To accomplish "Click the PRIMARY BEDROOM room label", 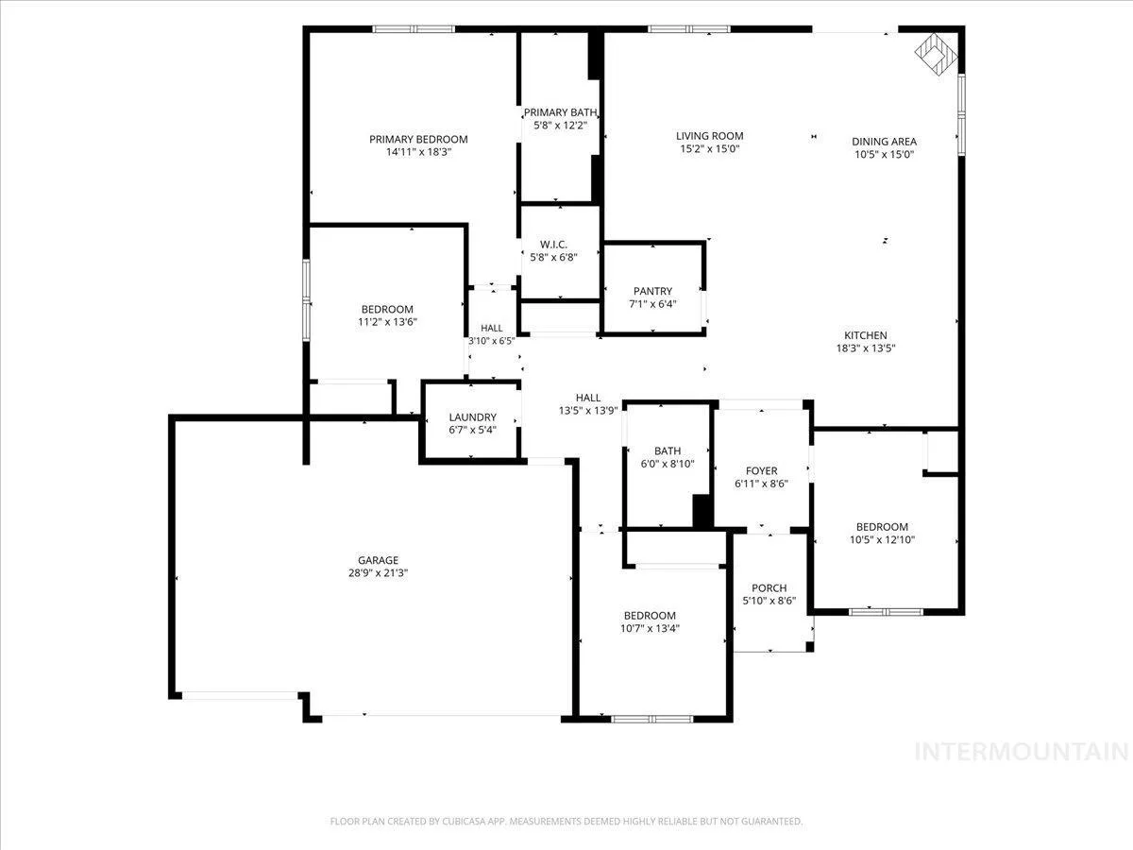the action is click(x=418, y=140).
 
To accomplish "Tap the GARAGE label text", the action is click(x=378, y=560).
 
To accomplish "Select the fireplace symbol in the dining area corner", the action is click(x=936, y=54).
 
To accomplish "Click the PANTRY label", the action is click(x=652, y=291).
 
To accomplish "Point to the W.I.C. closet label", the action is click(x=553, y=245).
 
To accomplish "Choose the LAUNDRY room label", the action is click(x=472, y=417).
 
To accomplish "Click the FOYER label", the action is click(x=761, y=470).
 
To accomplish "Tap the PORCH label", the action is click(x=769, y=587).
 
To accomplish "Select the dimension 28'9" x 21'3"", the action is click(x=378, y=573).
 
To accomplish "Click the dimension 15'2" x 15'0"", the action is click(x=710, y=148).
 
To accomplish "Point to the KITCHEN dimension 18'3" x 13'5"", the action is click(x=866, y=348).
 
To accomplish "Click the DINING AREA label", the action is click(x=884, y=142).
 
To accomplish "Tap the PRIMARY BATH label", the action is click(x=560, y=112).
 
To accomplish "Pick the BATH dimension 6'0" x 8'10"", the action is click(x=668, y=464).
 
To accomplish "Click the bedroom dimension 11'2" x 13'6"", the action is click(x=387, y=322).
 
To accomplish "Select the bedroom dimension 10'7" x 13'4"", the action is click(x=650, y=629).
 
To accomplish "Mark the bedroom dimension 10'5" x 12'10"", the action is click(x=882, y=540).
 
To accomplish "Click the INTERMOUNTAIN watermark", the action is click(x=1022, y=752).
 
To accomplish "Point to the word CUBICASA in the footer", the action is click(x=464, y=821).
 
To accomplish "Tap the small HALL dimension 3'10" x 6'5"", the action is click(x=491, y=341).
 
